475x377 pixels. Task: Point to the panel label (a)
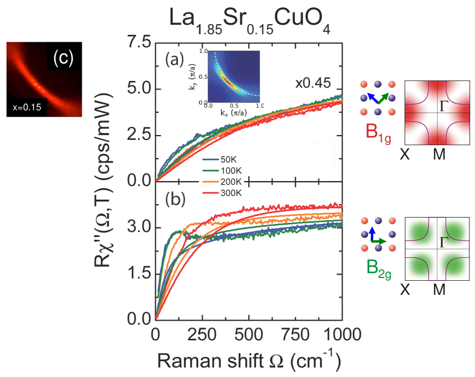tap(175, 59)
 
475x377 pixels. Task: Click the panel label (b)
tap(175, 199)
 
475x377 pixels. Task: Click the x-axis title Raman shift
tap(248, 360)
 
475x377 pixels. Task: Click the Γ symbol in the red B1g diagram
tap(445, 105)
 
